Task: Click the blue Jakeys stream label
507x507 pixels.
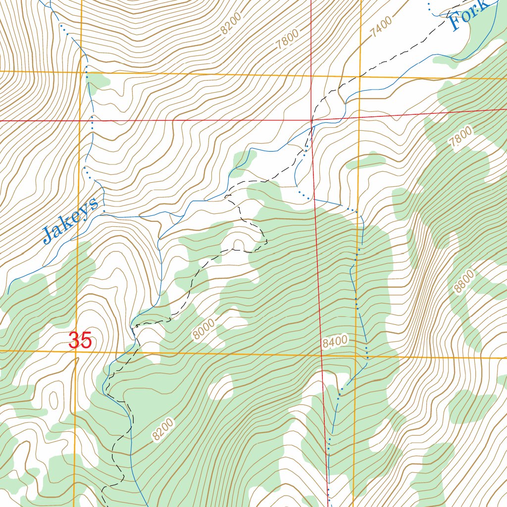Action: click(x=71, y=220)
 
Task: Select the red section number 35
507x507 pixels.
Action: click(x=80, y=341)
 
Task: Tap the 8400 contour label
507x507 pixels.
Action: click(x=335, y=342)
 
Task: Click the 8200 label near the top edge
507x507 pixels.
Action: click(x=231, y=23)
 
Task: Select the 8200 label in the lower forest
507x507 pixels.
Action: click(x=163, y=429)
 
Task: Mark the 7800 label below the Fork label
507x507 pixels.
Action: click(x=461, y=136)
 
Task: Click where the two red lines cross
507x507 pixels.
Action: click(x=311, y=120)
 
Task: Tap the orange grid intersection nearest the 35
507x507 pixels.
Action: click(x=77, y=352)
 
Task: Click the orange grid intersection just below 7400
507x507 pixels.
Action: click(x=360, y=77)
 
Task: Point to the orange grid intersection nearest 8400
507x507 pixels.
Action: click(x=356, y=355)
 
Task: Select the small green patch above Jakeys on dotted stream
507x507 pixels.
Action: click(x=99, y=81)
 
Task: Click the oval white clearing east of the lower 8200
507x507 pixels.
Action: click(x=221, y=387)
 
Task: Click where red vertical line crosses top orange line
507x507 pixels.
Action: click(x=311, y=76)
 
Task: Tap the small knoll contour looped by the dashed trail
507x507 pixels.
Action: click(x=239, y=243)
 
